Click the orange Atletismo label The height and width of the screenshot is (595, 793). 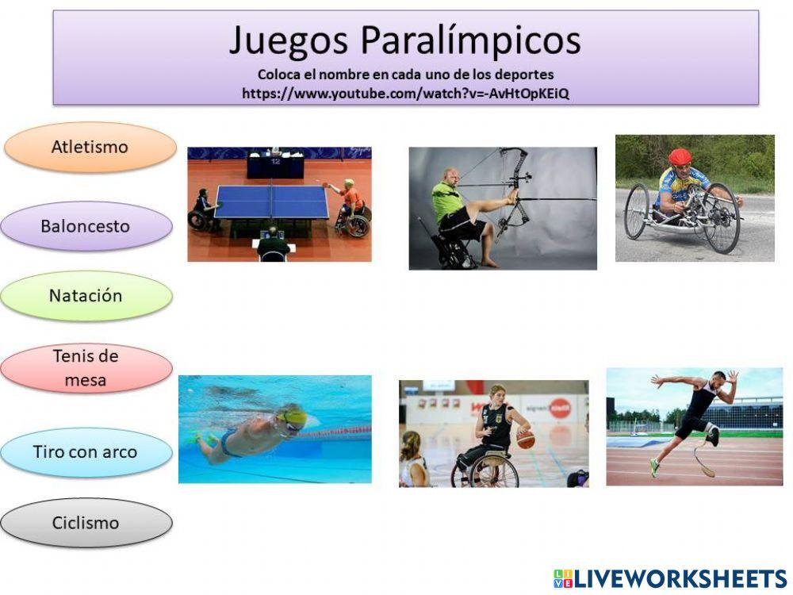click(90, 148)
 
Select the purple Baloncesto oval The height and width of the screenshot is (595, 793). click(86, 226)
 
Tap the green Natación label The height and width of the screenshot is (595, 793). click(86, 296)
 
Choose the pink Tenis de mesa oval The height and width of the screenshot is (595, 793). click(86, 368)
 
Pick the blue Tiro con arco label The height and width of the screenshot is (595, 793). click(86, 452)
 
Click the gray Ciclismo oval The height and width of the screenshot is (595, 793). click(86, 523)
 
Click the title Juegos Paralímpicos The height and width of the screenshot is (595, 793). click(404, 40)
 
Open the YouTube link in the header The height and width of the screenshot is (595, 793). click(405, 93)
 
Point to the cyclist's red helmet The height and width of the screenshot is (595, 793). click(680, 156)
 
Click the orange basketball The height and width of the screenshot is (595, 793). click(525, 439)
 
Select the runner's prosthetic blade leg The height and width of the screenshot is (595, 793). click(702, 460)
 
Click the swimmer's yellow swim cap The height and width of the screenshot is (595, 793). click(293, 416)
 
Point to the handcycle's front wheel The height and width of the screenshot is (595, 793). click(722, 218)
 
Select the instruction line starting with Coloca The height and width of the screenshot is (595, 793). click(405, 75)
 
